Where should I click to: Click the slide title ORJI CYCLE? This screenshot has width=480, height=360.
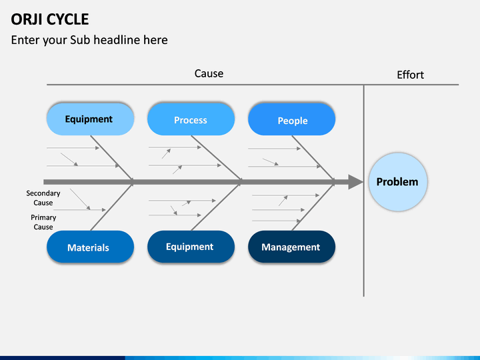[50, 19]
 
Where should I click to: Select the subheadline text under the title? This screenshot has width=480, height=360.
[89, 40]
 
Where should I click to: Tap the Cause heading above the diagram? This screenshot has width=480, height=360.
[209, 73]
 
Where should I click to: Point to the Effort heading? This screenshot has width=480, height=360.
[410, 75]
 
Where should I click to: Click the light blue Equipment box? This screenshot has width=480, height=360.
[90, 119]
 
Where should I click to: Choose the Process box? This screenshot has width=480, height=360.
[191, 119]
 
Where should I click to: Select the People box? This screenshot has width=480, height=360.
[292, 119]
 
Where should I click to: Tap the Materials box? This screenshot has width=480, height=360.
[90, 247]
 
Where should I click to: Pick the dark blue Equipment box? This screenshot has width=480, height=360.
[191, 247]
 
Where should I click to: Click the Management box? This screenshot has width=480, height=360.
[292, 247]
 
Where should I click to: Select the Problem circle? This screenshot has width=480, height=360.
[397, 182]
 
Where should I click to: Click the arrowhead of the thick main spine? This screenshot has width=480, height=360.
[356, 182]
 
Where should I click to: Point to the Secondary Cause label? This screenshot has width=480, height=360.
[43, 198]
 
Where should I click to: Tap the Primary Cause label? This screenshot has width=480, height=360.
[43, 222]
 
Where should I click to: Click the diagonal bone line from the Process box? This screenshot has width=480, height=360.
[217, 158]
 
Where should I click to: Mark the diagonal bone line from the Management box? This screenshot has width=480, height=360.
[313, 207]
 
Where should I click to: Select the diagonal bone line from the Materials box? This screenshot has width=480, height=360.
[112, 207]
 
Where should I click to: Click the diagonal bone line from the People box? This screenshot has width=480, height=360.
[313, 158]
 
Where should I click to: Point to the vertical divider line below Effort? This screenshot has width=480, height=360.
[364, 191]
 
